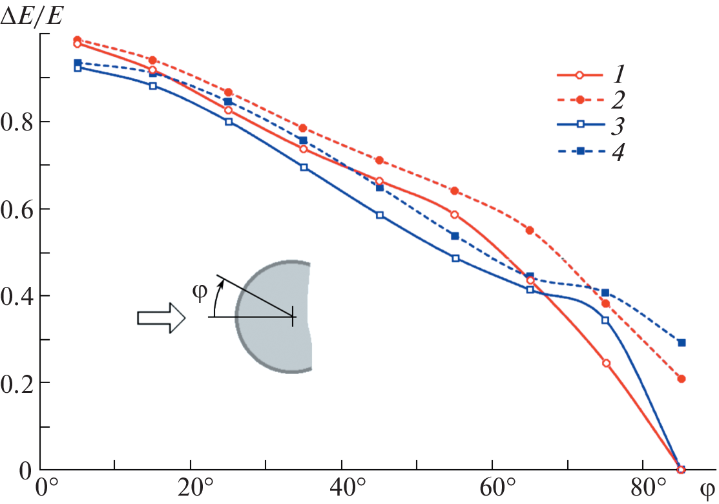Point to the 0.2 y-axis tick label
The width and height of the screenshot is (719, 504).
(x=18, y=383)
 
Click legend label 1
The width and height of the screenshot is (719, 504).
(x=618, y=75)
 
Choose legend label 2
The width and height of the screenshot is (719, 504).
(x=618, y=100)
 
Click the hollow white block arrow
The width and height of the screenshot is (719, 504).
(x=161, y=318)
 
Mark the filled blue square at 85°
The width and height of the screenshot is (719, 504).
(x=681, y=342)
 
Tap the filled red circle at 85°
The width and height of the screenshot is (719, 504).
(x=681, y=379)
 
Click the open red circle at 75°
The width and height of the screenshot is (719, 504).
(x=606, y=363)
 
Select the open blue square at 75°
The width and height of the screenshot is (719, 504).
(x=605, y=320)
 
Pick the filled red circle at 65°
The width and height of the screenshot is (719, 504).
(x=530, y=230)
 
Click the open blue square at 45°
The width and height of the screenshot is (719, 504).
(x=380, y=215)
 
